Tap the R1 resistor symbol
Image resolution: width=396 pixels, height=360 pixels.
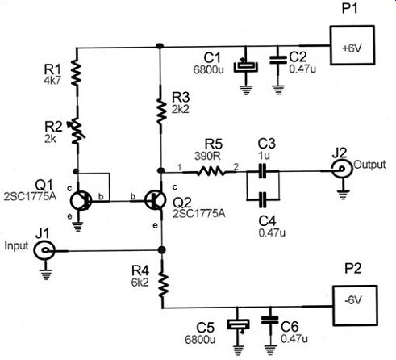[x=76, y=73]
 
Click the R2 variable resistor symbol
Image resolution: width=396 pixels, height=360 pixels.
[x=77, y=132]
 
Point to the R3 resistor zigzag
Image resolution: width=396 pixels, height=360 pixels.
[x=160, y=111]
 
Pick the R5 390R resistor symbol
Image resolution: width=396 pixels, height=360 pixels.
[x=211, y=171]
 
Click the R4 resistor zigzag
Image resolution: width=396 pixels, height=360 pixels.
[x=163, y=285]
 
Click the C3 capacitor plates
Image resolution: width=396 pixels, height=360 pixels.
[x=262, y=170]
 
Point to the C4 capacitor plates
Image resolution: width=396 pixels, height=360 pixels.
[x=262, y=199]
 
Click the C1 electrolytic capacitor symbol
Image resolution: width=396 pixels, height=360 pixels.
[x=246, y=66]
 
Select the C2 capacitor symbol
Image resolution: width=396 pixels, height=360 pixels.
[x=278, y=60]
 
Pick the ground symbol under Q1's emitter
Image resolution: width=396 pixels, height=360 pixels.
[x=78, y=227]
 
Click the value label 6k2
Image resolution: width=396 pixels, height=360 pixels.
[x=140, y=283]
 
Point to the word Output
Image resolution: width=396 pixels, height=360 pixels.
[x=369, y=165]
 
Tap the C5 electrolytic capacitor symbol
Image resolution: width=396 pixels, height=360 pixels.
[x=238, y=325]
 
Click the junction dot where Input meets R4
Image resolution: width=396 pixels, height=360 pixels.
[x=161, y=250]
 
